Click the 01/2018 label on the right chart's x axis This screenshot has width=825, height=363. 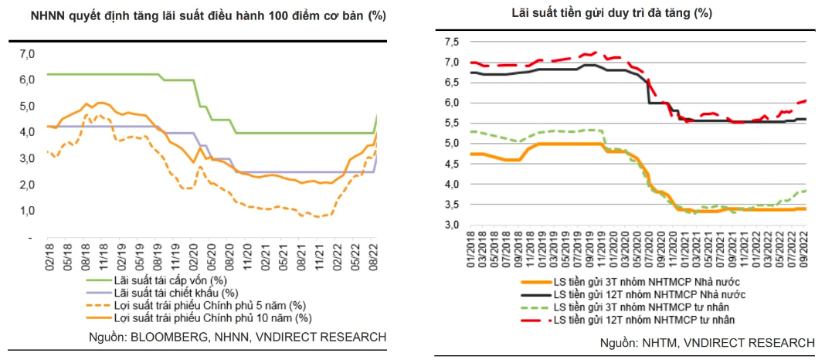[x=470, y=250]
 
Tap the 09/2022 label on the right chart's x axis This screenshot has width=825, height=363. [x=803, y=250]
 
